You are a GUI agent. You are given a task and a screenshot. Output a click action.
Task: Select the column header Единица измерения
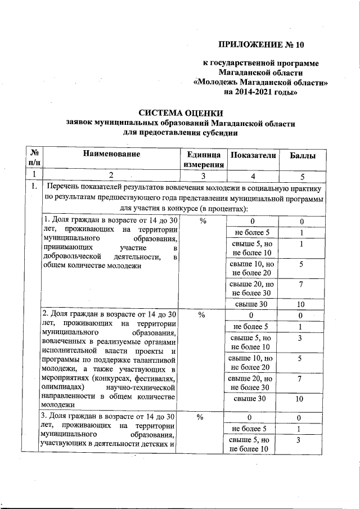[199, 159]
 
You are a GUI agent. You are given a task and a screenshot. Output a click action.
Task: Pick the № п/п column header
[34, 158]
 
